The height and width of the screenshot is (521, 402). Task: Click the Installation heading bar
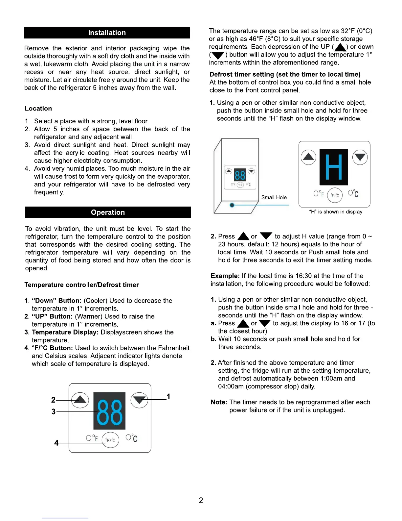(x=107, y=33)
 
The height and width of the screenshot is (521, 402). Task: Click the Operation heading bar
(x=108, y=212)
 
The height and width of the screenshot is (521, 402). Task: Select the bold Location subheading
(x=38, y=109)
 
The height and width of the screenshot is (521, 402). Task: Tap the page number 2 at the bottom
(x=201, y=500)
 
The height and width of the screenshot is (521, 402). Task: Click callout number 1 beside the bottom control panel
(x=168, y=397)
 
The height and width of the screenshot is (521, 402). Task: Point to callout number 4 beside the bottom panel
(x=56, y=443)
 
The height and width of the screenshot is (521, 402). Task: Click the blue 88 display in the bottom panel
(x=109, y=411)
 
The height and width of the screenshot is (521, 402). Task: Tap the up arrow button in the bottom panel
(x=80, y=400)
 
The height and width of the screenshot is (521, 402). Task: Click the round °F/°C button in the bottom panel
(x=110, y=440)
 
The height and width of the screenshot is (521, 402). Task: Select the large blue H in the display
(x=333, y=167)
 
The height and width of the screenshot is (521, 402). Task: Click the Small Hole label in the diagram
(x=274, y=197)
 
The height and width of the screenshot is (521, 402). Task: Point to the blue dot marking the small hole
(x=232, y=205)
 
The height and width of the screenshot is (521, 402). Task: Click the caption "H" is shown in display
(x=336, y=212)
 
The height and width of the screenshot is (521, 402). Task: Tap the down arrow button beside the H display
(x=360, y=157)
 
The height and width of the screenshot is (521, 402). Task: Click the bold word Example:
(x=225, y=276)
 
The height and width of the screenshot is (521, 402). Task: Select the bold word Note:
(x=219, y=402)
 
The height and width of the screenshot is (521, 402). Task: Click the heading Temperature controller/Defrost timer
(x=81, y=285)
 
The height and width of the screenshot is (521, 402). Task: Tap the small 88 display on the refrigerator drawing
(x=240, y=175)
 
